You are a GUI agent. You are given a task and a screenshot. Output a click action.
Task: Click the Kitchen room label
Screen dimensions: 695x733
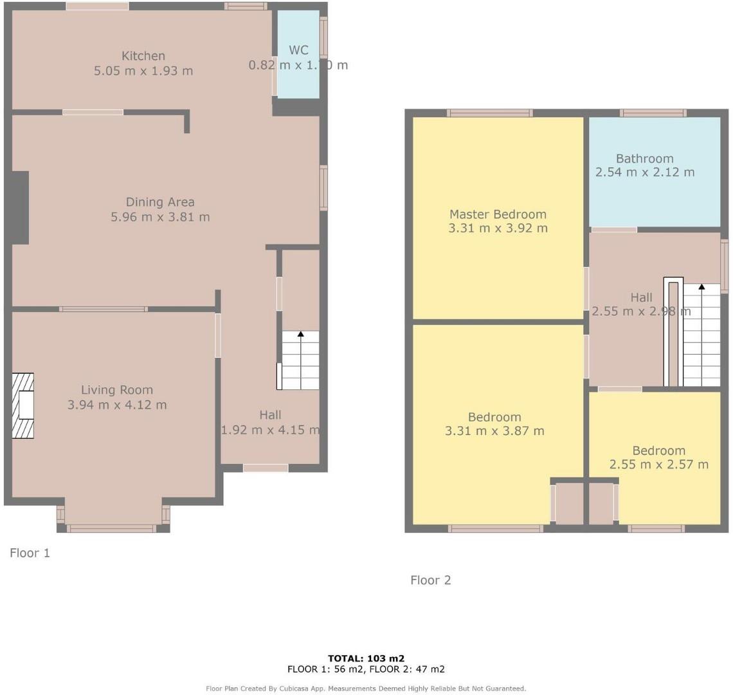[x=143, y=56]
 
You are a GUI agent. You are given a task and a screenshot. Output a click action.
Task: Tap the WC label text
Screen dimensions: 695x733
[x=298, y=50]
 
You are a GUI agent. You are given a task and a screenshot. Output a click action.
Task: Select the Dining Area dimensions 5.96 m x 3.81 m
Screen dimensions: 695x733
[x=160, y=217]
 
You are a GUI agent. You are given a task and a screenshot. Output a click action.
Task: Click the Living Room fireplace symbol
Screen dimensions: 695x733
[x=23, y=406]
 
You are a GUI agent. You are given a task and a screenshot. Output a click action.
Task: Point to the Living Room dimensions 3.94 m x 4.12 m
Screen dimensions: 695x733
[x=117, y=405]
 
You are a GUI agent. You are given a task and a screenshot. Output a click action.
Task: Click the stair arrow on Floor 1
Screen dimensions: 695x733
[x=300, y=334]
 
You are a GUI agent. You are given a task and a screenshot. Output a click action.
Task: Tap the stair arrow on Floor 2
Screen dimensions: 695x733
[x=701, y=286]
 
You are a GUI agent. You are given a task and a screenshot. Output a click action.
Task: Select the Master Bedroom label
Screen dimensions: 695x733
[x=498, y=214]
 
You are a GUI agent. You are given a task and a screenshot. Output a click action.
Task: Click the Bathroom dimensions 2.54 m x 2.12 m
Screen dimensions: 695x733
[x=645, y=172]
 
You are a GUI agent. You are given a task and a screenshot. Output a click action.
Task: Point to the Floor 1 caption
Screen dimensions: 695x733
[x=30, y=553]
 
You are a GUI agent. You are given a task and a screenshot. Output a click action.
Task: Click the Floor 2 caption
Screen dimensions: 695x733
[x=431, y=580]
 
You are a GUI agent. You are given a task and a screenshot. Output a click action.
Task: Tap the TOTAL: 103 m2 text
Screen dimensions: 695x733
[x=366, y=658]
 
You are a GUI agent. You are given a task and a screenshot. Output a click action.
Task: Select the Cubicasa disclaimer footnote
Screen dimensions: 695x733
[x=366, y=689]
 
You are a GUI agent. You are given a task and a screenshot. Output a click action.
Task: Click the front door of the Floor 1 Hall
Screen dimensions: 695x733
[x=266, y=468]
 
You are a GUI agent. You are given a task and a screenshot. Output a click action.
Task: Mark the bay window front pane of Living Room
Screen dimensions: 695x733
[x=113, y=529]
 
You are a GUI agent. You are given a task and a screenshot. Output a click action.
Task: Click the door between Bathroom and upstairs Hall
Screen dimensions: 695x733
[x=614, y=230]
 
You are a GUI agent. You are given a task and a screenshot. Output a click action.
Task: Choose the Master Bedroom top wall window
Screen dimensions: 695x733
[x=490, y=113]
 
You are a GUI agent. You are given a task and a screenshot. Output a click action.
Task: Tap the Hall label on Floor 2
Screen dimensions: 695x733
[x=641, y=297]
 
